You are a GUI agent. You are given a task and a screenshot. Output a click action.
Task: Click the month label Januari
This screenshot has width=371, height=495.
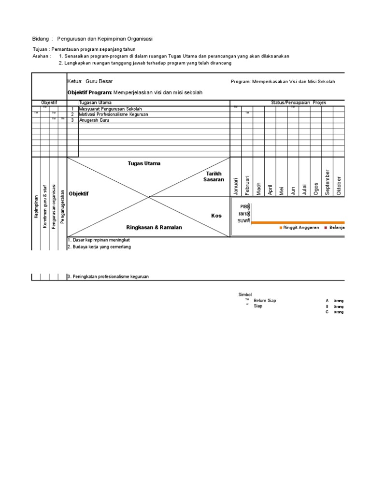[x=236, y=186]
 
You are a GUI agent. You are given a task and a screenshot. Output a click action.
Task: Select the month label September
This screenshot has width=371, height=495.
[x=328, y=183]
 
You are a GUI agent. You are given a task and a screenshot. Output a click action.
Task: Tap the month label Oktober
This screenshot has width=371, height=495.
[x=339, y=185]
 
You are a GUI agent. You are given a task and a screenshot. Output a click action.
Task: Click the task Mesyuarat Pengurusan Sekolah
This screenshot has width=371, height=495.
[x=111, y=109]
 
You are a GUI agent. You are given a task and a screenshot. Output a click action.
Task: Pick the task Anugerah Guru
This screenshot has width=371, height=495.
[x=94, y=120]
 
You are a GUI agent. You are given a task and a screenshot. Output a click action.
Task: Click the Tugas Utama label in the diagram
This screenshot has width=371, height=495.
[x=144, y=163]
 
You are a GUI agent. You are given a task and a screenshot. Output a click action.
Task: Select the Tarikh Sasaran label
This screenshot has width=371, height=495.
[x=214, y=176]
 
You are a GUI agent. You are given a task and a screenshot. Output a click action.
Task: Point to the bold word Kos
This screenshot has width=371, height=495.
[x=216, y=216]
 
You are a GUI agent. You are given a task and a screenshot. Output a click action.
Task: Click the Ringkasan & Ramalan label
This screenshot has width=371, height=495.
[x=154, y=227]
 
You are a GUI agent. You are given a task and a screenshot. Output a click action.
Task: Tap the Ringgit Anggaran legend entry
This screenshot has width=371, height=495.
[x=300, y=227]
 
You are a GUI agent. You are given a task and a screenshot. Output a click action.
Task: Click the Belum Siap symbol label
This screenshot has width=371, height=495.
[x=265, y=301]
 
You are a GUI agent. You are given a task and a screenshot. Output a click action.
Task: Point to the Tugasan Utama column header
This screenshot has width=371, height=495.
[x=95, y=102]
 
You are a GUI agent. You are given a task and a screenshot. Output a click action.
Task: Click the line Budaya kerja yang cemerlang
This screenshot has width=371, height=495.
[x=99, y=247]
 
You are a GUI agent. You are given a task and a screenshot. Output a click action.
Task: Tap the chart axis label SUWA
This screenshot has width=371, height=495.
[x=243, y=221]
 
